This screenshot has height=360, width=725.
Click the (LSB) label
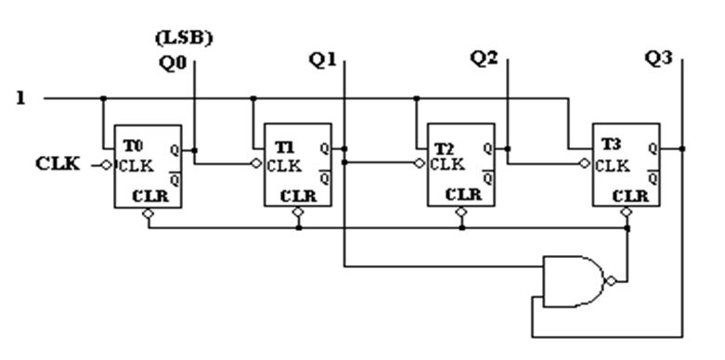(x=184, y=38)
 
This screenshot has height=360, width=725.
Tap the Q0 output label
(x=173, y=63)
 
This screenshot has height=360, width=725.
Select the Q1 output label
(x=323, y=60)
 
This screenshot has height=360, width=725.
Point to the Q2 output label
(x=484, y=58)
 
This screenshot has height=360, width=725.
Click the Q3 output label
(x=658, y=58)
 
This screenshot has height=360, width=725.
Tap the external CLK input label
(x=58, y=163)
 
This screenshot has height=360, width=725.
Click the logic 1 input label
(x=20, y=98)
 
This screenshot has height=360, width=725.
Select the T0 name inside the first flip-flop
(x=133, y=146)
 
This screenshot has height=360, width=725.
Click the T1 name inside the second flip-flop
(x=284, y=147)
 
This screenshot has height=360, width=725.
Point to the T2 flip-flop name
(x=445, y=148)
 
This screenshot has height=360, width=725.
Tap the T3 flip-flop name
(x=611, y=145)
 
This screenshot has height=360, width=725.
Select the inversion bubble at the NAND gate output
(x=611, y=281)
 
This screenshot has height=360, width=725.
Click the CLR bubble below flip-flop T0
(x=148, y=213)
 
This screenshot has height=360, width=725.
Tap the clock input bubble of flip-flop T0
(x=107, y=165)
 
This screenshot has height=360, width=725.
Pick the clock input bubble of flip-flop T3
(x=585, y=163)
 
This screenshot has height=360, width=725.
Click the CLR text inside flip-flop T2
(x=464, y=195)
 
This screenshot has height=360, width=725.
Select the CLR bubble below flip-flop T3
(x=627, y=212)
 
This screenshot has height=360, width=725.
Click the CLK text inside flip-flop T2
(x=447, y=164)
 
